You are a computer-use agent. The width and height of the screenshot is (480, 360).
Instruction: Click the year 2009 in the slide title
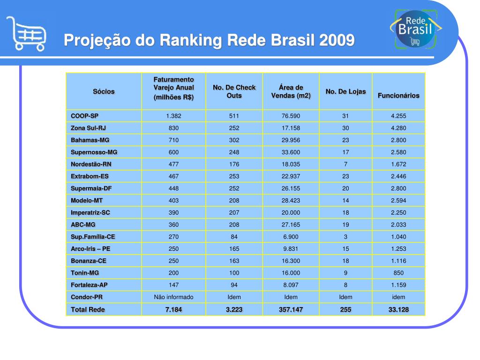(337, 41)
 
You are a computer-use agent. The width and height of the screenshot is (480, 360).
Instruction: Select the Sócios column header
(104, 91)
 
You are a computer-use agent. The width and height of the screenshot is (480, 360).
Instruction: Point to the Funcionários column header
(398, 96)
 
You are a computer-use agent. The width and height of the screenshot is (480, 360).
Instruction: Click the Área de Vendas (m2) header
(291, 91)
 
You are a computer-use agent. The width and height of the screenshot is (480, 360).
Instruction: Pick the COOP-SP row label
(85, 116)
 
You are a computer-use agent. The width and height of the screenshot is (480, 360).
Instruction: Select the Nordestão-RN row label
(91, 164)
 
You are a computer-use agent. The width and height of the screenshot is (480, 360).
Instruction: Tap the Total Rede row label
(88, 309)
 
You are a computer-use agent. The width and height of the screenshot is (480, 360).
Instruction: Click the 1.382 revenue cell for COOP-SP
(173, 116)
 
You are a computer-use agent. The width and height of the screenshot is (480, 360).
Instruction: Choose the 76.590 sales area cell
(291, 116)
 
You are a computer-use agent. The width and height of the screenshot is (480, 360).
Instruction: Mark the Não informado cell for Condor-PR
(173, 297)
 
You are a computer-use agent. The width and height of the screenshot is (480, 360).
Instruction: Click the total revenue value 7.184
(173, 309)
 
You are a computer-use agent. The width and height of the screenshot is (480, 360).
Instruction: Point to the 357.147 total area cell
(291, 309)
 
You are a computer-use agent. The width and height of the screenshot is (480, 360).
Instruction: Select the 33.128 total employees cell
(398, 309)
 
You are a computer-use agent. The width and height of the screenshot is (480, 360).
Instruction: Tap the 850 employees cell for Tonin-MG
(398, 273)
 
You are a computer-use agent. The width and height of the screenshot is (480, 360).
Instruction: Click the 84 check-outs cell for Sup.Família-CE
(234, 237)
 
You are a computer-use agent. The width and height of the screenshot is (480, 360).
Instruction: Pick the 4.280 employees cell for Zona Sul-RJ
(398, 128)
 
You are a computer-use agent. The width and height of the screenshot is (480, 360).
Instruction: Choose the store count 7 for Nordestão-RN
(345, 164)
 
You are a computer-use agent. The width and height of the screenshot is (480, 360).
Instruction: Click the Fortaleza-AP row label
(89, 285)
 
